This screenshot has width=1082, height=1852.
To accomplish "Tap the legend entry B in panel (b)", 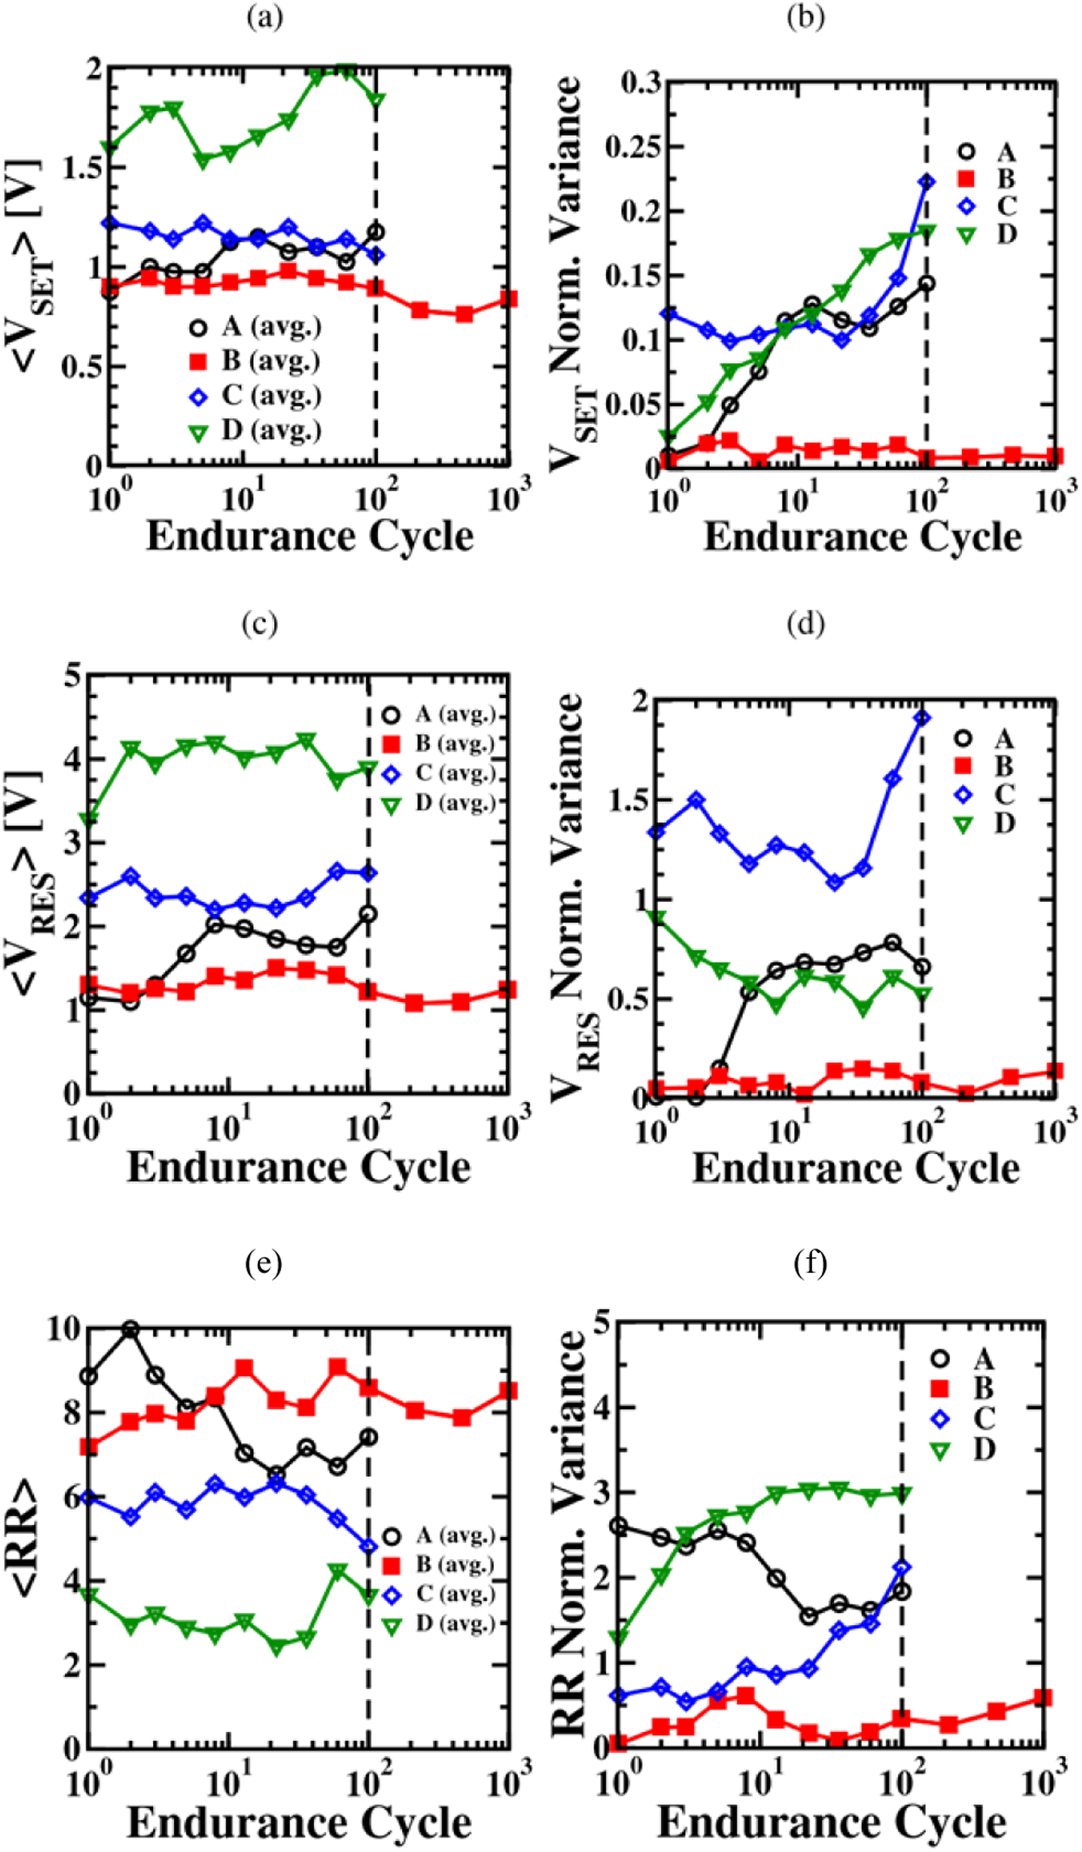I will click(1005, 179).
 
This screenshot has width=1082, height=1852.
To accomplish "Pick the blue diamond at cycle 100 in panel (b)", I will click(927, 183).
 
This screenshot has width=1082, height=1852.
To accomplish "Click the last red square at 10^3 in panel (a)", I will click(508, 299).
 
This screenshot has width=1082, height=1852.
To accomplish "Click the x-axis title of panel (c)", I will click(298, 1168).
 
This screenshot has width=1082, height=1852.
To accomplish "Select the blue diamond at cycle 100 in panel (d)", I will click(922, 717).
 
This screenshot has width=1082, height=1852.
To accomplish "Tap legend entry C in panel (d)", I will click(1004, 795).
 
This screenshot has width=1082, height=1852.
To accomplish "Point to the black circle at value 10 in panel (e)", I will click(130, 1329).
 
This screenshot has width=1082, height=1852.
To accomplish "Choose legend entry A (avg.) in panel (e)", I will click(454, 1536).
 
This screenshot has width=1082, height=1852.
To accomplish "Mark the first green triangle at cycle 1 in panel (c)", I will click(89, 819).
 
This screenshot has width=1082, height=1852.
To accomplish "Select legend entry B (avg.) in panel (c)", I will click(454, 743).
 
